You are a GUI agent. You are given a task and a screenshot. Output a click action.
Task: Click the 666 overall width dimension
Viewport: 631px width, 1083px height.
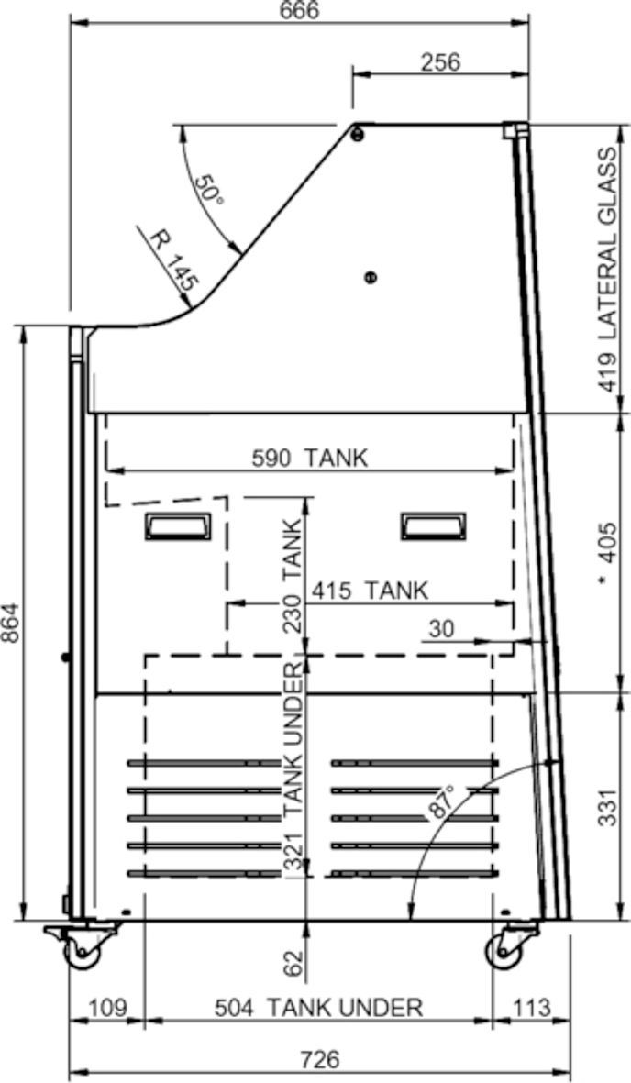click(x=300, y=10)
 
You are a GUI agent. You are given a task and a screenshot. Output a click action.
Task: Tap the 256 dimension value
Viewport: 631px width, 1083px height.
click(x=440, y=62)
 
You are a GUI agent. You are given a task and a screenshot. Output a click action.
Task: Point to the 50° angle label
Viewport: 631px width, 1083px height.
click(x=208, y=189)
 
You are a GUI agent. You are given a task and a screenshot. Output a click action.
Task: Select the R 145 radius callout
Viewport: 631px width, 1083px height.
click(x=174, y=260)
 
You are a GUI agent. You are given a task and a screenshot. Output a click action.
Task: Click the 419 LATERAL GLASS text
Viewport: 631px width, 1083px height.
click(x=607, y=270)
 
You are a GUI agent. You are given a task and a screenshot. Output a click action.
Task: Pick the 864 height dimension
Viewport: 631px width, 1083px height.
click(x=12, y=623)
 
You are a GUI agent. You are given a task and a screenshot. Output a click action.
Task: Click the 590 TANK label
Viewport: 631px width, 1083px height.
click(x=309, y=458)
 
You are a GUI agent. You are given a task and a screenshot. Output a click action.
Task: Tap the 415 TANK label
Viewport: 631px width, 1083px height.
click(x=369, y=591)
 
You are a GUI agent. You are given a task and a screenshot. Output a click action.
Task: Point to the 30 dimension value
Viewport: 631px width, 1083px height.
click(x=442, y=629)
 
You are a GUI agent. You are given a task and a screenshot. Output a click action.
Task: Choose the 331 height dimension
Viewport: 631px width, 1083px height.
click(x=607, y=807)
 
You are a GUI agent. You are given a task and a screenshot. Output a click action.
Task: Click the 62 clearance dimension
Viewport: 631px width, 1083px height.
click(x=293, y=963)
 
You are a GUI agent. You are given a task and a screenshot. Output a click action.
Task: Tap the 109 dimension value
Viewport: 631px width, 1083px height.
click(x=108, y=1008)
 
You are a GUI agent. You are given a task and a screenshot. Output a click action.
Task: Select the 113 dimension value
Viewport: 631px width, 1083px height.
click(x=531, y=1008)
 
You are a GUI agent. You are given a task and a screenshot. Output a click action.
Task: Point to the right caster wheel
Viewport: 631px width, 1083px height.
click(x=504, y=953)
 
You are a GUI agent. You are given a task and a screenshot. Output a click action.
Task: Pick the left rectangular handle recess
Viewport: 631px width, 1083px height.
click(x=178, y=526)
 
